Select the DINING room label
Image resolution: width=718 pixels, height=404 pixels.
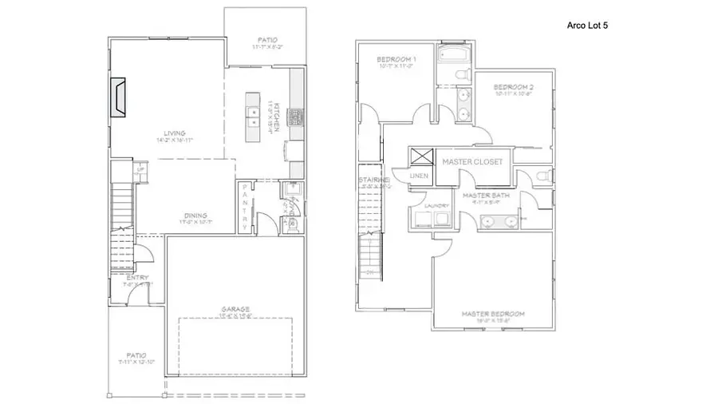click(195, 215)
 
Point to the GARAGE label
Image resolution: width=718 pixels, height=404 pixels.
click(236, 309)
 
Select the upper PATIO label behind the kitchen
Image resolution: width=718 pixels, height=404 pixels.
click(266, 38)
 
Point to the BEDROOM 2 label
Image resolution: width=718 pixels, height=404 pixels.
click(513, 87)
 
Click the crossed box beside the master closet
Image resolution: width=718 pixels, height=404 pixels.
click(420, 156)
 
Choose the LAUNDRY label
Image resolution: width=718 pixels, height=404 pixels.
click(435, 206)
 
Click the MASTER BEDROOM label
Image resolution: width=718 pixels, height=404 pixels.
click(493, 314)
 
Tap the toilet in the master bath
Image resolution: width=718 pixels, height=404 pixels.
click(542, 176)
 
